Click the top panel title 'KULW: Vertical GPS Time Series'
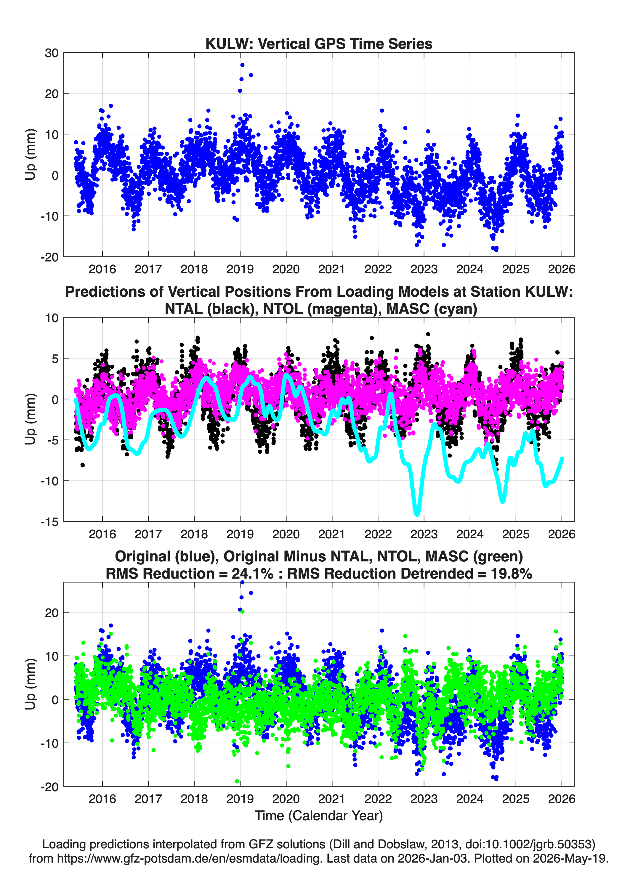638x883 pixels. [x=319, y=44]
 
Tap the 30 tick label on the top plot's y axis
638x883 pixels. [x=52, y=53]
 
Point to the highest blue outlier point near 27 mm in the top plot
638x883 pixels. [x=242, y=65]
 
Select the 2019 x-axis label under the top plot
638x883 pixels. [x=240, y=269]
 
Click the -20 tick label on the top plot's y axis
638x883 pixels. [x=49, y=257]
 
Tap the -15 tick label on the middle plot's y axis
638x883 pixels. [x=49, y=522]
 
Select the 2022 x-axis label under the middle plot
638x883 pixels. [x=378, y=534]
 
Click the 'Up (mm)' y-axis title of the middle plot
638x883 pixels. [x=31, y=419]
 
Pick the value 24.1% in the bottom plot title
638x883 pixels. [x=253, y=574]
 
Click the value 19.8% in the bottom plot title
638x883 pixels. [x=511, y=574]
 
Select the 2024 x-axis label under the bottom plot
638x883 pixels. [x=470, y=799]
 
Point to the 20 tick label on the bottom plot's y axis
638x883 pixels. [x=52, y=612]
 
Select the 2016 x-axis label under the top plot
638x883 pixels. [x=102, y=269]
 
